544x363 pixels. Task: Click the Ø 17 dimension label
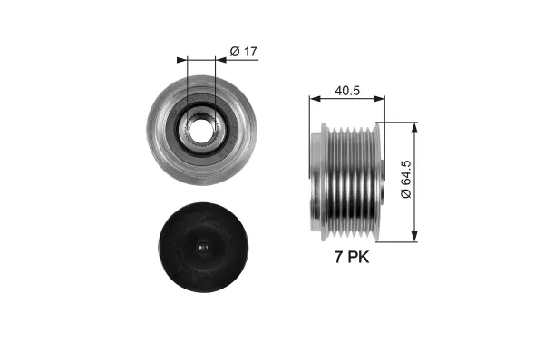coord(244,52)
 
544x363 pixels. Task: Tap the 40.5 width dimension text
coord(347,91)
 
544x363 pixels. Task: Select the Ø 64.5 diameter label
coord(405,180)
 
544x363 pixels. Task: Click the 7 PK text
coord(352,258)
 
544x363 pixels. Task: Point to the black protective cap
coord(203,248)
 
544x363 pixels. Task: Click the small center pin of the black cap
coord(203,248)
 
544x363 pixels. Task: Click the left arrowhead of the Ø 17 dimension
coord(182,60)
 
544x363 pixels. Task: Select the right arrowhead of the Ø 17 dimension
coord(220,60)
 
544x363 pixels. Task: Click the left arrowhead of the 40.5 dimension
coord(315,99)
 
